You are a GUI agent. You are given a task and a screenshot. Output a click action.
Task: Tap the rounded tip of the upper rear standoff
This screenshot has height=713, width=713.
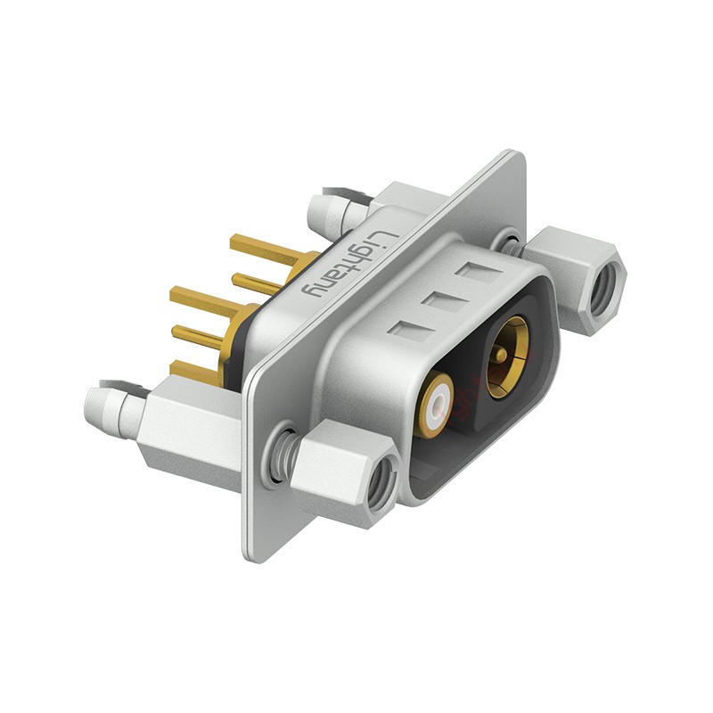[319, 211]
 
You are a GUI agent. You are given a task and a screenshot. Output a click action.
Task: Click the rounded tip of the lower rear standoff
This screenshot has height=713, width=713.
[96, 403]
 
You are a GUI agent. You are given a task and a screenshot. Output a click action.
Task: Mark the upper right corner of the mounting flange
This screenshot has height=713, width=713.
[517, 155]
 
